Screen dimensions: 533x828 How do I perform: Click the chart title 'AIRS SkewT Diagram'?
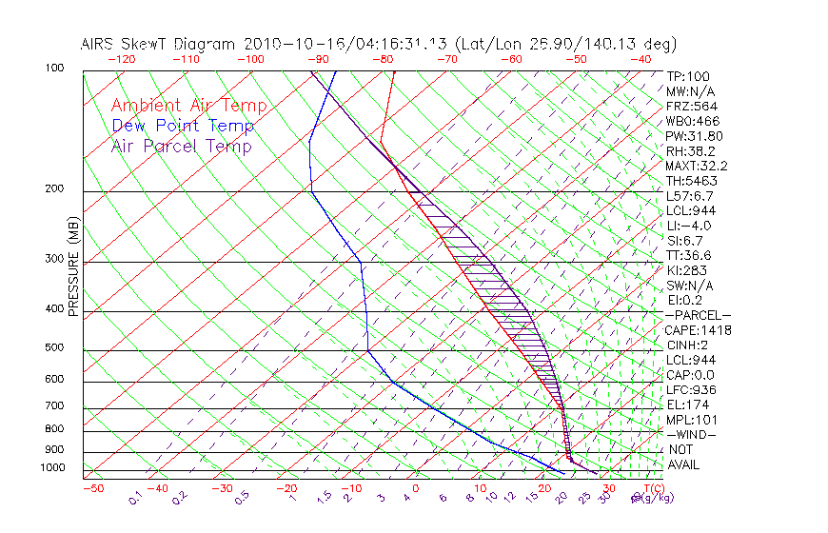159,45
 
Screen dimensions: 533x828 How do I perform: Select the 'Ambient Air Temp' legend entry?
188,106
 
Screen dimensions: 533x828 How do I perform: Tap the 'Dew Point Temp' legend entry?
183,126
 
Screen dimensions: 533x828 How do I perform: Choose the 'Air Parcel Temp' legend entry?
181,146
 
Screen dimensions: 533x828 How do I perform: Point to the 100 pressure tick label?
54,69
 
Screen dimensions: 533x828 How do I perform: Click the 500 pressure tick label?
54,348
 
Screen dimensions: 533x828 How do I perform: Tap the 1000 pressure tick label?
51,468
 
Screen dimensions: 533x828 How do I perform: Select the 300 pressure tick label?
54,259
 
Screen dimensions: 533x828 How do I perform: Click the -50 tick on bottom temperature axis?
92,488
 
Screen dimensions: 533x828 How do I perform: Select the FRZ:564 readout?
691,107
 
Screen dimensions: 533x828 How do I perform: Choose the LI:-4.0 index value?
688,226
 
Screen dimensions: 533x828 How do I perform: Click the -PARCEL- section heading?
698,315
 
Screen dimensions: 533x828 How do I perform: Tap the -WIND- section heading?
691,434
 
